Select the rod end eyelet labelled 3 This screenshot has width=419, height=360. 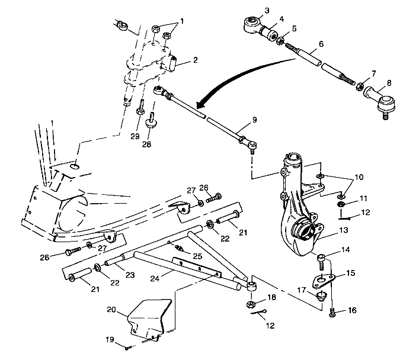point(251,24)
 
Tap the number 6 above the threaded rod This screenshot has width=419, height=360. point(321,43)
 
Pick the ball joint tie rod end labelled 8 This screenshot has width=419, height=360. point(379,100)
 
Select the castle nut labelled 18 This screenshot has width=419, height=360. point(251,305)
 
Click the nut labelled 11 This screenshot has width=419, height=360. point(342,204)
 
